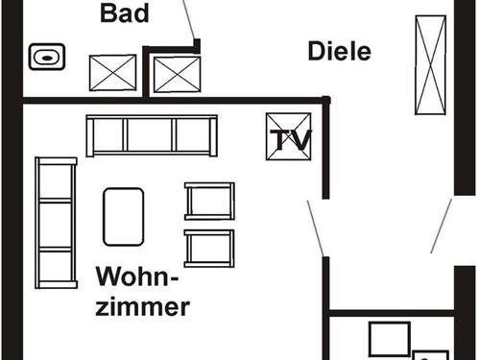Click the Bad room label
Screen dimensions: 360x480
coord(124,13)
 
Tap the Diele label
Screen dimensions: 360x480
coord(339,52)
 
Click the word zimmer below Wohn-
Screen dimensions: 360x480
coord(143,307)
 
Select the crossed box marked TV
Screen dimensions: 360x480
coord(289,137)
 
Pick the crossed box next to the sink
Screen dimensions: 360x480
coord(113,73)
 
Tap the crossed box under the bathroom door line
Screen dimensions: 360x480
coord(177,74)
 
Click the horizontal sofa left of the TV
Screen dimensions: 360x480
coord(152,135)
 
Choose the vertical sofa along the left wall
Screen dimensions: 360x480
coord(56,223)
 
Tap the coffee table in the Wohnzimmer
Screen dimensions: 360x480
coord(124,216)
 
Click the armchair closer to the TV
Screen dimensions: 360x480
coord(209,201)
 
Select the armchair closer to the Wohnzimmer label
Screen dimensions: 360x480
coord(209,248)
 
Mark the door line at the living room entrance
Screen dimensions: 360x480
coord(315,227)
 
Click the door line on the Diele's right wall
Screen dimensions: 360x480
coord(441,227)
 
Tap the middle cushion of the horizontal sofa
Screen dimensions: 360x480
coord(152,135)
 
